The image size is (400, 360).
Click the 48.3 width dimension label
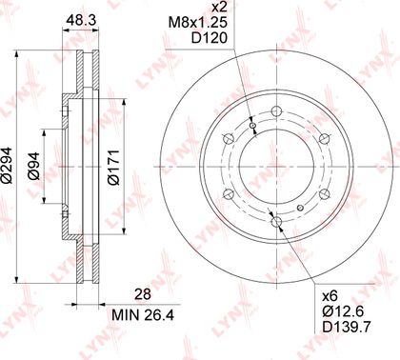pos(81,21)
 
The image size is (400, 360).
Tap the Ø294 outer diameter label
pos(7,165)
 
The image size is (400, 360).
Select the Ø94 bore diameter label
pos(33,166)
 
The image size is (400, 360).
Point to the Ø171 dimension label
pos(113,167)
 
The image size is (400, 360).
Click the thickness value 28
pos(143,294)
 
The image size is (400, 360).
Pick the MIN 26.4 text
pos(143,315)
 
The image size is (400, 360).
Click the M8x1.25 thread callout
pos(198,22)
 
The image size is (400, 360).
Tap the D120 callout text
pos(210,38)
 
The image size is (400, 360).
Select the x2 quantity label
pos(219,7)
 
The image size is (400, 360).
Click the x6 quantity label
pos(330,296)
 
